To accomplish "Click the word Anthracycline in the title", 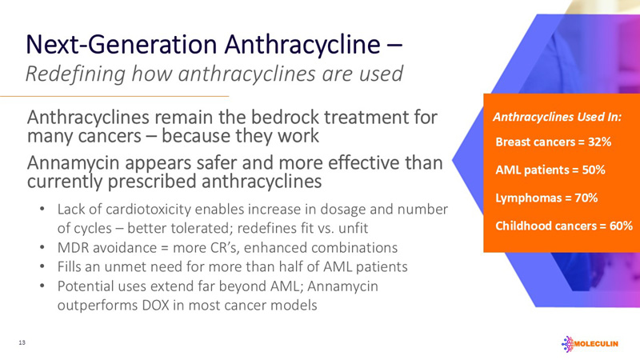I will pyautogui.click(x=288, y=42).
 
